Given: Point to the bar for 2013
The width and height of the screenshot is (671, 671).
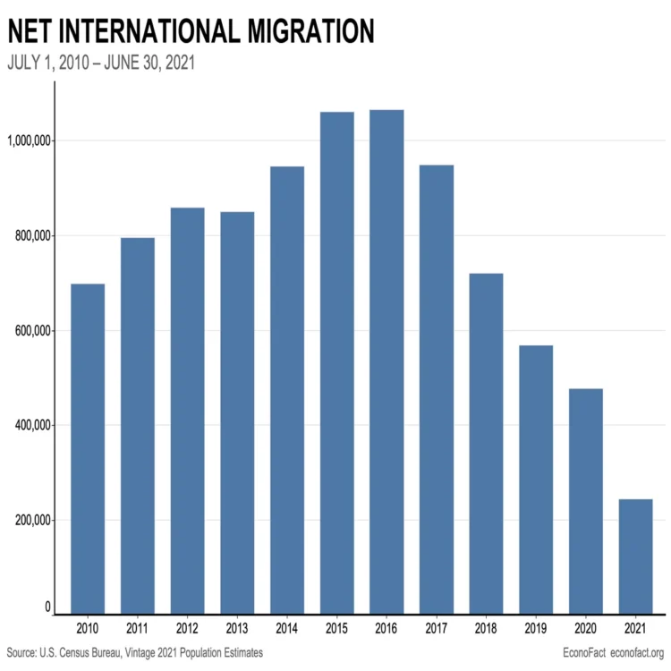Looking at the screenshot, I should [237, 412].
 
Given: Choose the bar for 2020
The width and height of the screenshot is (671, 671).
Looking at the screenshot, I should [586, 501].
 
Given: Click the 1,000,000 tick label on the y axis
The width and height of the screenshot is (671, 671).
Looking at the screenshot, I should [30, 140].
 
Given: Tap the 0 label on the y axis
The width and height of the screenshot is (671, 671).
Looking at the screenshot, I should [47, 607].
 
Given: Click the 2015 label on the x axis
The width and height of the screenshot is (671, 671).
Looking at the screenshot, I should [336, 629].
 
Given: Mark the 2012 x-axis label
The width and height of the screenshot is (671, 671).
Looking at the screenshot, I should [187, 629].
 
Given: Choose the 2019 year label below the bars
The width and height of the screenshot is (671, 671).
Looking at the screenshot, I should [536, 629].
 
